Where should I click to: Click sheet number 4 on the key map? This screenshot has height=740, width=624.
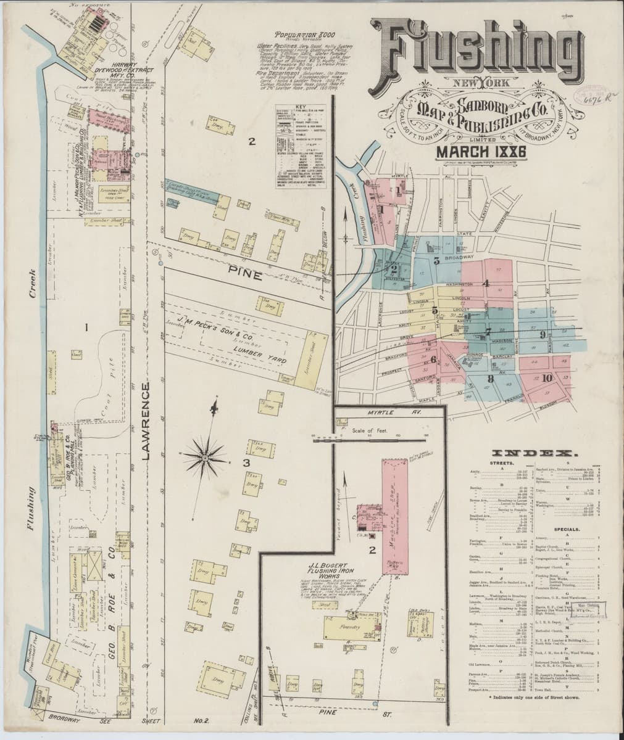pos(486,284)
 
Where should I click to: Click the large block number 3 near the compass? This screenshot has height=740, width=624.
pos(245,463)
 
